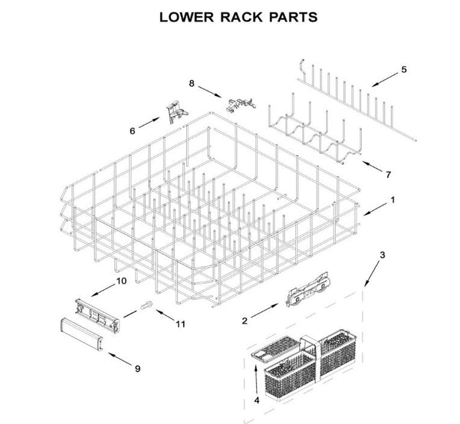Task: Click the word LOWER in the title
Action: [x=185, y=16]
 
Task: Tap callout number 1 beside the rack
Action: [x=393, y=200]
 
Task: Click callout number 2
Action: [x=244, y=320]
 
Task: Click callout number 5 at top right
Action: [x=404, y=71]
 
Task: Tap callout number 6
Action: [x=132, y=131]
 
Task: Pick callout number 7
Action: [x=388, y=174]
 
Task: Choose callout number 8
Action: [x=192, y=82]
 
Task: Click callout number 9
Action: [x=137, y=369]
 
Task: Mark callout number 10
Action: [x=121, y=281]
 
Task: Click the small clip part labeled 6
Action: [x=174, y=111]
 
